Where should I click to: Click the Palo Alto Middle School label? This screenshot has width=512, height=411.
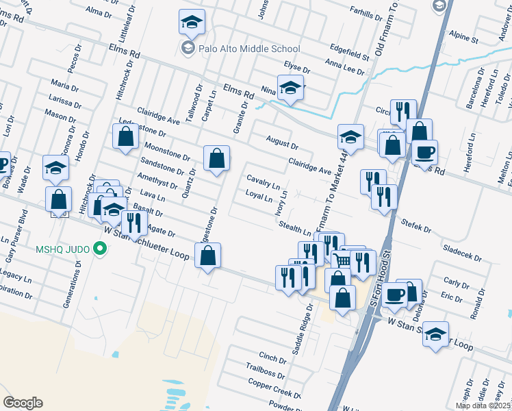pyautogui.click(x=249, y=49)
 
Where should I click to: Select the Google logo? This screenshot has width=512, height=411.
pyautogui.click(x=23, y=403)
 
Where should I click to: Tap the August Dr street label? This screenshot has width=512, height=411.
pyautogui.click(x=282, y=142)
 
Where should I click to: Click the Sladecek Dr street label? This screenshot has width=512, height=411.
pyautogui.click(x=463, y=251)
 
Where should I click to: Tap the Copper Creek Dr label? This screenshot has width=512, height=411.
pyautogui.click(x=274, y=390)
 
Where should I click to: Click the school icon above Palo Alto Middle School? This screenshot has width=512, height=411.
pyautogui.click(x=192, y=23)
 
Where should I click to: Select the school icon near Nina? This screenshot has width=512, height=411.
pyautogui.click(x=291, y=88)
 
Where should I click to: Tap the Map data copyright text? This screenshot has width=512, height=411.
pyautogui.click(x=483, y=406)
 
